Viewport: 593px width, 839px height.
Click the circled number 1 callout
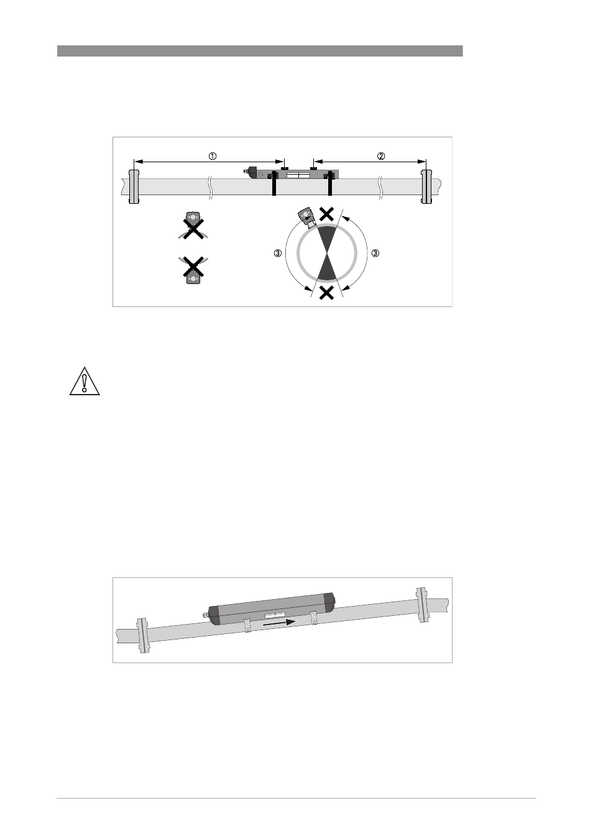tap(213, 156)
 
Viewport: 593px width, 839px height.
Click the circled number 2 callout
tap(380, 156)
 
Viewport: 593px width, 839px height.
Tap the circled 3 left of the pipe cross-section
tap(278, 254)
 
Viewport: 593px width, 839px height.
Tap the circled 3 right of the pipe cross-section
tap(375, 254)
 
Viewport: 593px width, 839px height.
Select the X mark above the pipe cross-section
tap(327, 214)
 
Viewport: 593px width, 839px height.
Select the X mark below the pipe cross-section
tap(326, 293)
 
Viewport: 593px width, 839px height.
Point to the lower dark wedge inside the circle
tap(327, 267)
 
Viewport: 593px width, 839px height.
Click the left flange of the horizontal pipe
tap(134, 186)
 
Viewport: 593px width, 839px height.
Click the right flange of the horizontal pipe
tap(426, 186)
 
